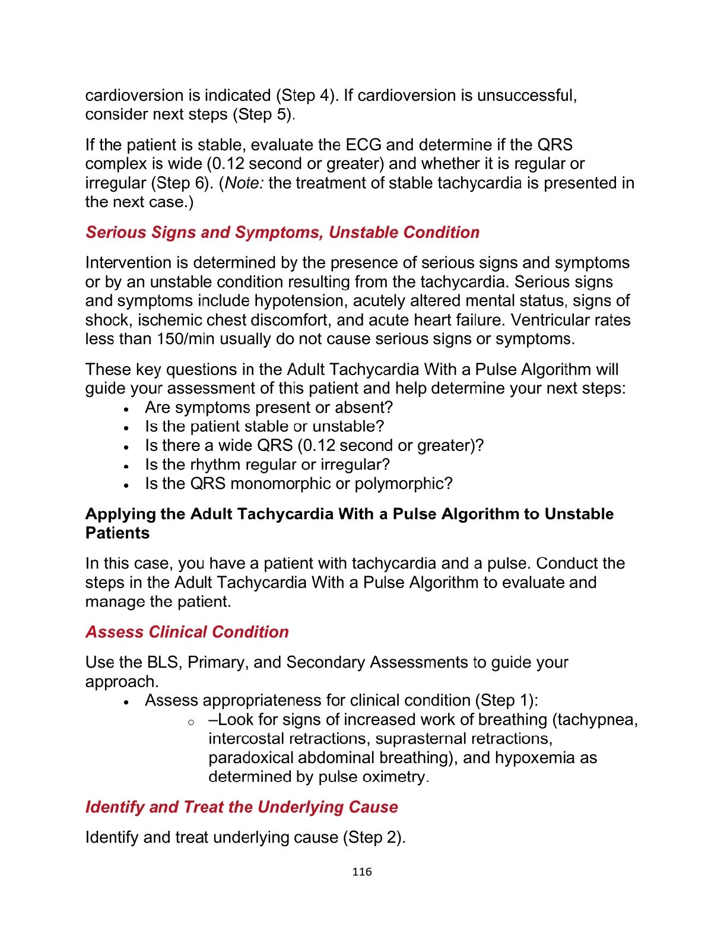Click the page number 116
(361, 872)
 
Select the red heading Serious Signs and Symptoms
(282, 232)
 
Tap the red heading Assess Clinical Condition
(187, 631)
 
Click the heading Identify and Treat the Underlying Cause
(242, 807)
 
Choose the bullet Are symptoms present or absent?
(269, 408)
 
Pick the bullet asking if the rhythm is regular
(267, 465)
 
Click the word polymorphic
(403, 484)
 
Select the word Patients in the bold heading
(118, 533)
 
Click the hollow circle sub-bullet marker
(190, 722)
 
